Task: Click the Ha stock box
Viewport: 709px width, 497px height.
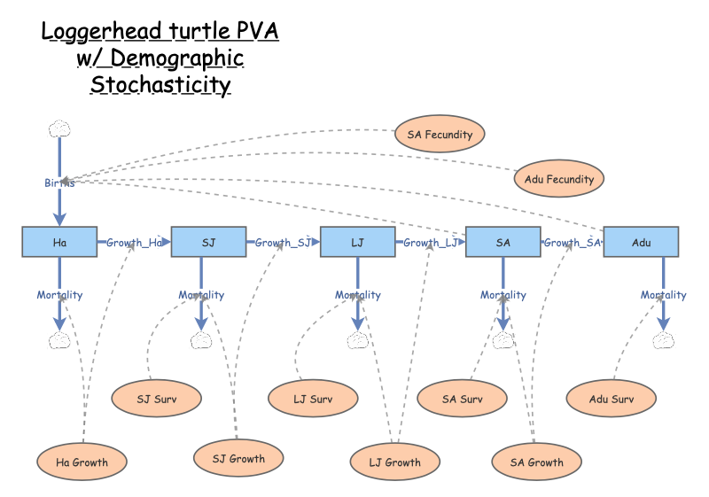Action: pos(59,242)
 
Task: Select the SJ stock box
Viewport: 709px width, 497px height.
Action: pos(208,242)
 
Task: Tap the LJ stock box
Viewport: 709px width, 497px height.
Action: pos(357,242)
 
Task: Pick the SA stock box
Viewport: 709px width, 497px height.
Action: pos(503,242)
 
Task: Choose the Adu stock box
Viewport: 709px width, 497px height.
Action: pos(641,242)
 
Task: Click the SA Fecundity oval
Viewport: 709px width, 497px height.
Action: pos(440,135)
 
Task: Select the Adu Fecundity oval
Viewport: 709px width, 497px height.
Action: pos(558,179)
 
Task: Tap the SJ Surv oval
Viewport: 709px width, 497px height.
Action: pos(157,399)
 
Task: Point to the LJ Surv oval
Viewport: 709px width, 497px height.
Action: pos(313,399)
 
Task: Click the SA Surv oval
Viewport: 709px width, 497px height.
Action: pos(462,399)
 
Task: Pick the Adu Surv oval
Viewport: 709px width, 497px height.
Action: pos(612,399)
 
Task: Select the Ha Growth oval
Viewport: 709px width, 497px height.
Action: pos(82,462)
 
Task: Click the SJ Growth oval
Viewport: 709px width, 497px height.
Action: pos(238,458)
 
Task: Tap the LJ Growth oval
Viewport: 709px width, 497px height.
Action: pos(395,462)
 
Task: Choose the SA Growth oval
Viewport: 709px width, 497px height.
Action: pos(538,462)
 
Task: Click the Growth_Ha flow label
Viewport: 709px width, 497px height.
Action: pos(134,243)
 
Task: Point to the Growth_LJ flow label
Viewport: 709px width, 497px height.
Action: pos(431,243)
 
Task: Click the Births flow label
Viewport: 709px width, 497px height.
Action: pos(59,182)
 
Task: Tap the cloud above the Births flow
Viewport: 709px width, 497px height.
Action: pos(59,129)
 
